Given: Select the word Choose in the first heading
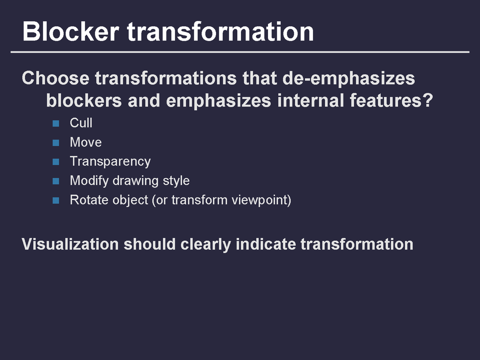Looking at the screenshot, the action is pos(56,78).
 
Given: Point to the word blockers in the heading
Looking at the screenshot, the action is pos(84,100).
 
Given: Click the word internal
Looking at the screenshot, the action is pos(310,100).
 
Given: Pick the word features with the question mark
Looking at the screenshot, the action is pos(392,100).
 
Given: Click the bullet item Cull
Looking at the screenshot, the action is pos(81,123).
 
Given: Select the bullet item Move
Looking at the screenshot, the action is pos(86,142).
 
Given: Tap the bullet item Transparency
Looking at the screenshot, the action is pos(110,162).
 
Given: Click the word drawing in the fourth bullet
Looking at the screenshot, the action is pos(136,181).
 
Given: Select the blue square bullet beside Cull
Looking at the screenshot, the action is pos(56,124).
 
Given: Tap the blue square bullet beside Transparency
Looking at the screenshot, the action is pos(56,162).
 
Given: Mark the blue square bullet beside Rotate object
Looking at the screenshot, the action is pos(56,200).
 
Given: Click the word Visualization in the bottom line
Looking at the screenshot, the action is pos(70,244).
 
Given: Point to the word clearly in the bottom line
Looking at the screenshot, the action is pos(205,245).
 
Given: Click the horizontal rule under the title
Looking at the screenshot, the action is pos(240,52).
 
